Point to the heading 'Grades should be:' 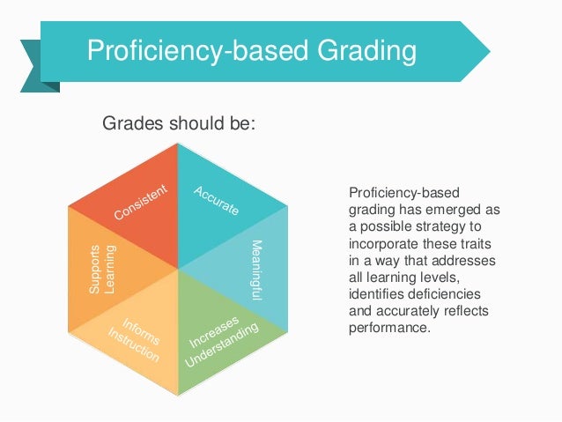coord(180,124)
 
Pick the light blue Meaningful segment coord(251,269)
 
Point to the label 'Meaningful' coord(256,272)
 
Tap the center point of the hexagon coord(179,269)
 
